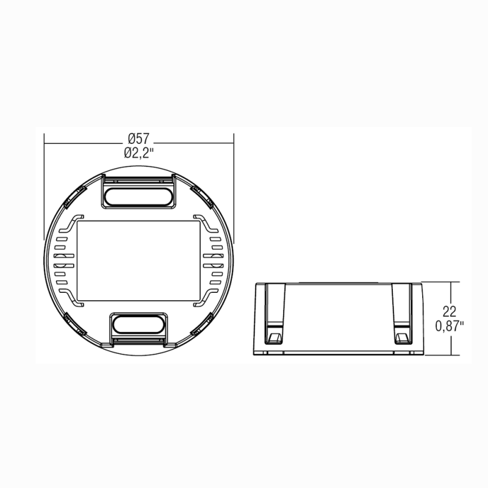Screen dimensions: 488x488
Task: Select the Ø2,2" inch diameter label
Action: [x=138, y=153]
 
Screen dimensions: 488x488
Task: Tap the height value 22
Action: [x=450, y=310]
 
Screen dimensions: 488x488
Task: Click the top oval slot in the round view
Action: [x=138, y=196]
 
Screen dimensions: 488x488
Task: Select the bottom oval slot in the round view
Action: [x=138, y=323]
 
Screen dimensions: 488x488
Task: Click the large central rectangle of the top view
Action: [x=138, y=260]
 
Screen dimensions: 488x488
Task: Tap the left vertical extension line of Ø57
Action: [x=44, y=183]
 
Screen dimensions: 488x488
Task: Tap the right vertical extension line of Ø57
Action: [x=234, y=183]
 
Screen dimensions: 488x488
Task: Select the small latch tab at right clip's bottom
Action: [x=402, y=337]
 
